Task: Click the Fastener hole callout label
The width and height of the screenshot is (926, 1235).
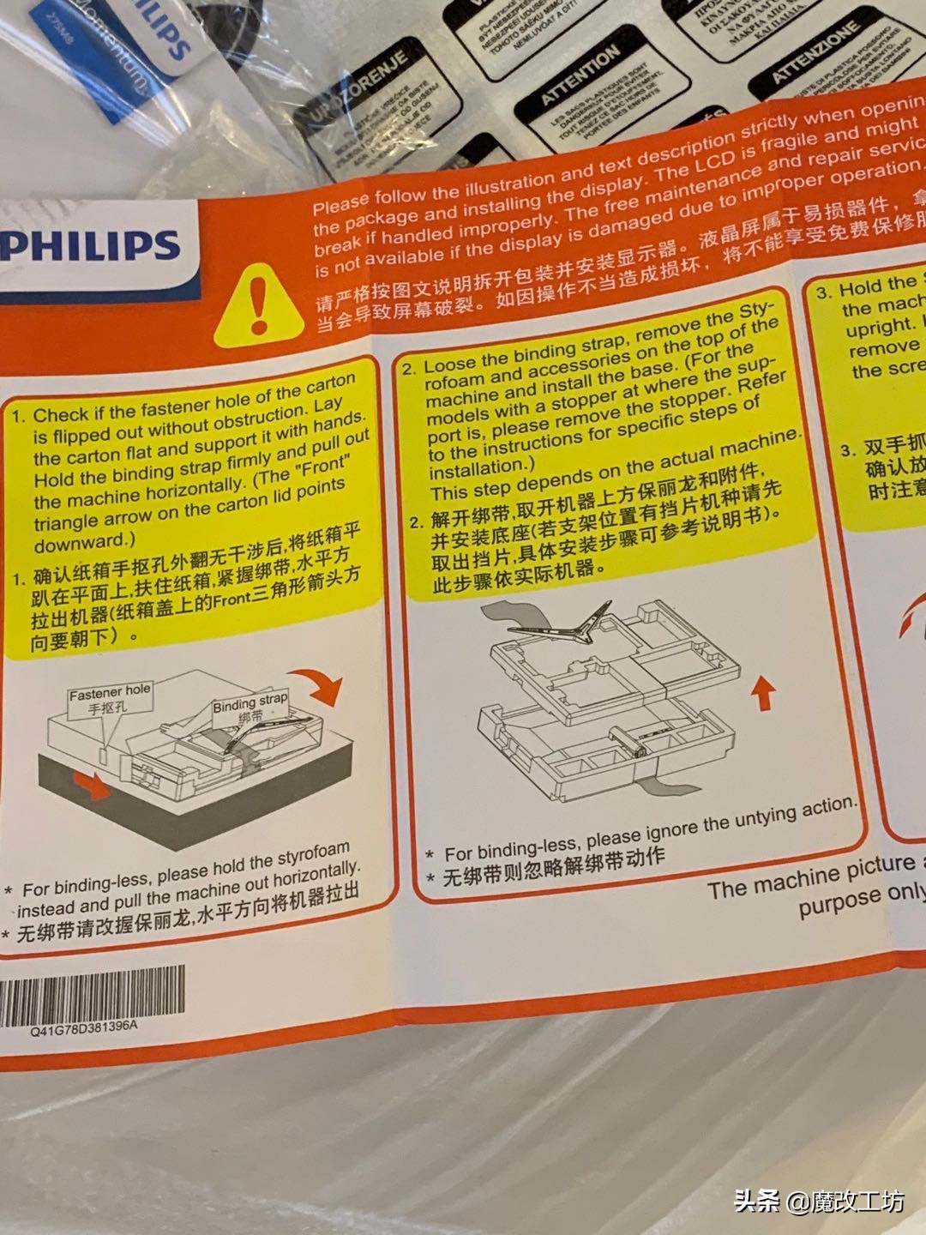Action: coord(110,699)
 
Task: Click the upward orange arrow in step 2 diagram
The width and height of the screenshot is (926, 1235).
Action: coord(761,692)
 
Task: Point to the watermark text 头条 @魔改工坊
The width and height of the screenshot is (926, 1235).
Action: coord(819,1202)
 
